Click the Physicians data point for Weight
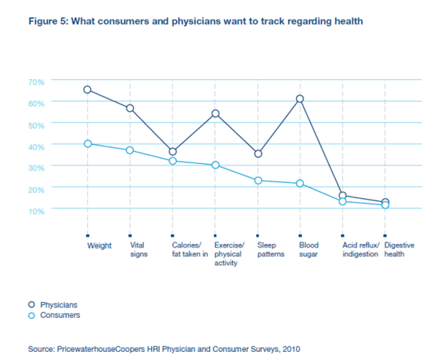pyautogui.click(x=87, y=90)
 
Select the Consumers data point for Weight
pyautogui.click(x=87, y=143)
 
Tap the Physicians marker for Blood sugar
pyautogui.click(x=300, y=98)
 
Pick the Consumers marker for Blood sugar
pyautogui.click(x=300, y=183)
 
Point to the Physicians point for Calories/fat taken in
pyautogui.click(x=173, y=151)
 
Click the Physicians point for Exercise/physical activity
pyautogui.click(x=215, y=113)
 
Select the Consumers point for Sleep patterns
pyautogui.click(x=258, y=180)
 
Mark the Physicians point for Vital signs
pyautogui.click(x=130, y=108)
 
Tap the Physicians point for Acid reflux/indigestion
pyautogui.click(x=342, y=195)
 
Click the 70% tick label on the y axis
pyautogui.click(x=37, y=81)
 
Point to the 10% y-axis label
pyautogui.click(x=37, y=210)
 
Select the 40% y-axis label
pyautogui.click(x=37, y=145)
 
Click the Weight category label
pyautogui.click(x=99, y=245)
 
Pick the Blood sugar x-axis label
pyautogui.click(x=309, y=250)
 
